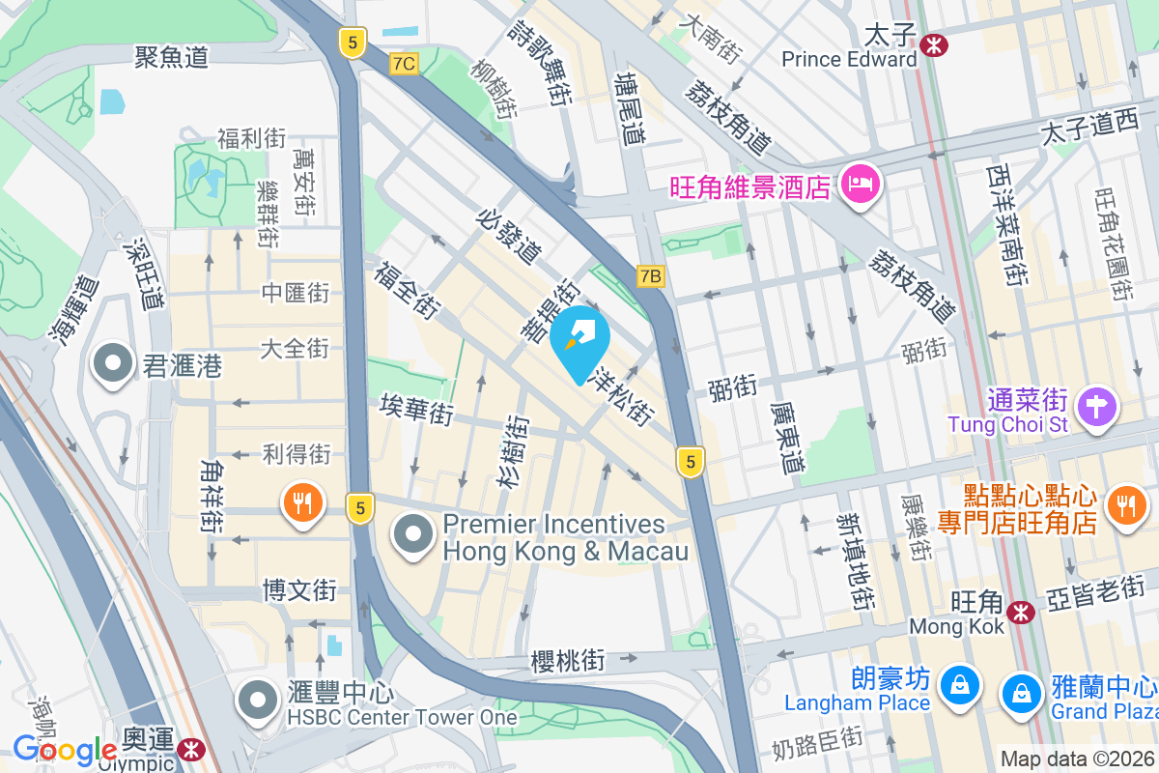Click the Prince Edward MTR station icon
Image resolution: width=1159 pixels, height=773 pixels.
click(934, 43)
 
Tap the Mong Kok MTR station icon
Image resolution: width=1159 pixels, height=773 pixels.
click(1020, 611)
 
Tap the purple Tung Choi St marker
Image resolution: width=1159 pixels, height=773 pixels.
click(1097, 406)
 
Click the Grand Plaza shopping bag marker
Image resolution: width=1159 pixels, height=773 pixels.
click(1021, 692)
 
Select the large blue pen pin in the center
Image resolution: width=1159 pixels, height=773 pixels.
click(579, 342)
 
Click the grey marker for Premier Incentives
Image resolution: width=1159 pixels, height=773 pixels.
click(414, 533)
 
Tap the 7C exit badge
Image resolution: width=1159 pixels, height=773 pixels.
click(405, 64)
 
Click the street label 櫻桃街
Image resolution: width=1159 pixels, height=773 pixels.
click(568, 661)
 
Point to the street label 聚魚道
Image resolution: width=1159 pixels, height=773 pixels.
click(173, 58)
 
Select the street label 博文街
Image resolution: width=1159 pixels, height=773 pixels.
click(300, 588)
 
